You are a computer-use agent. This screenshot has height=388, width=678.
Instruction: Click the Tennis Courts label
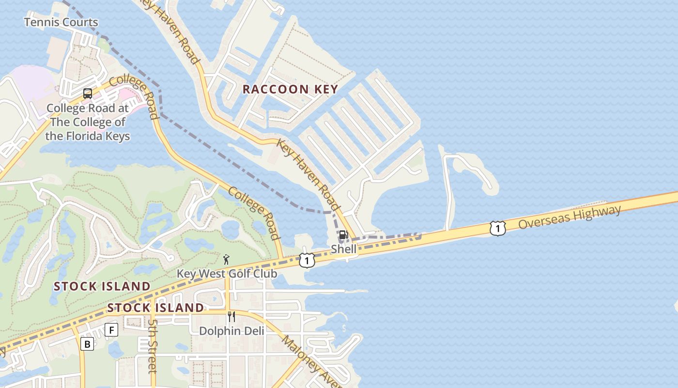61,22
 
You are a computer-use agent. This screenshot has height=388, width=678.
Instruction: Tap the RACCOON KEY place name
290,89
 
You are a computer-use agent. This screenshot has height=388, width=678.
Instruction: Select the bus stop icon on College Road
88,94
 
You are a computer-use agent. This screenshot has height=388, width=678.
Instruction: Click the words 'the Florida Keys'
88,136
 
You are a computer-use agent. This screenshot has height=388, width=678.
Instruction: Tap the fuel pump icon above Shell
343,235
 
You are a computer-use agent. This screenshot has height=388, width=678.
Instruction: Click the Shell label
343,249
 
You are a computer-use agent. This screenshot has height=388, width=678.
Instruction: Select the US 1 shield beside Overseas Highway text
497,228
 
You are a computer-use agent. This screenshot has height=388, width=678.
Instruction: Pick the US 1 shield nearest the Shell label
307,260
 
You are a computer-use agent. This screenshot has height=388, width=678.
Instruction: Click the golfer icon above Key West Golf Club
226,259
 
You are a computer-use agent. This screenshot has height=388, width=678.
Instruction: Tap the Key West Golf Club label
227,274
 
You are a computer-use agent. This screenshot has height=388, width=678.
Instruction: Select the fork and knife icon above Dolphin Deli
231,317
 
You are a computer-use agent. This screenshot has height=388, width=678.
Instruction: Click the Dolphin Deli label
232,331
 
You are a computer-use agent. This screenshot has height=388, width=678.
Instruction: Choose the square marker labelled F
111,330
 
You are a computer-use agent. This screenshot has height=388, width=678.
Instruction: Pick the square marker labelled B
87,344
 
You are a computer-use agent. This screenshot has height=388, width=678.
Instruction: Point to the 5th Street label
153,345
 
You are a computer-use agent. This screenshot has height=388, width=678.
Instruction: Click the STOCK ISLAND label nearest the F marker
155,307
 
